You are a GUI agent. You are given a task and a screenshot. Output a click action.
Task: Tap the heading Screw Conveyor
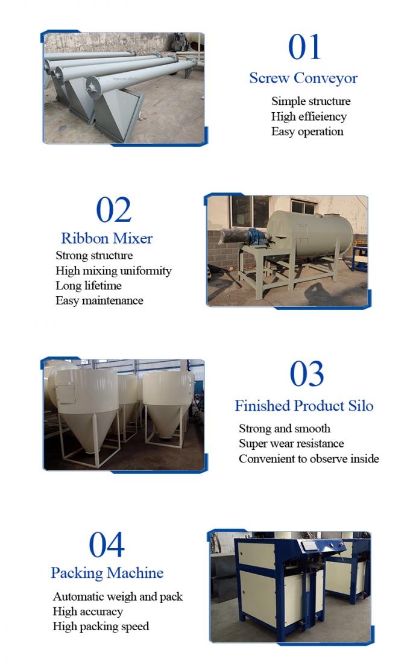[303, 78]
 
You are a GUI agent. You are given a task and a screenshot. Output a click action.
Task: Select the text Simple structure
[311, 101]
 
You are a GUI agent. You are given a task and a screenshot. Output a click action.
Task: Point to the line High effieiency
[309, 116]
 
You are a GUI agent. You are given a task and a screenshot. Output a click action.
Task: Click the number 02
[113, 210]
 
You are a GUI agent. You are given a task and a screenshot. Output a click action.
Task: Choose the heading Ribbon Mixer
[107, 238]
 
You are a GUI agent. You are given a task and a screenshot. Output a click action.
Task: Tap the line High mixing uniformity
[113, 271]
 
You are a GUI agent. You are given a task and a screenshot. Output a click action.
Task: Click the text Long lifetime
[89, 286]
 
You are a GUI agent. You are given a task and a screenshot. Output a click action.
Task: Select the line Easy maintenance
[99, 300]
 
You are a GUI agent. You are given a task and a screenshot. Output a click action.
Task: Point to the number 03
[306, 374]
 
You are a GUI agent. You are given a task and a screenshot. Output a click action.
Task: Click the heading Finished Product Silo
[304, 406]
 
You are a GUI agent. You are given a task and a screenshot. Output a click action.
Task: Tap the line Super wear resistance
[291, 444]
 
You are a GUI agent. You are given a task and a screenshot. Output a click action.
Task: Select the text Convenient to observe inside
[309, 459]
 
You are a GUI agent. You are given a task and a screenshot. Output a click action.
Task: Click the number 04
[106, 545]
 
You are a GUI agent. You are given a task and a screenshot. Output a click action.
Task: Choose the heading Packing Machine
[107, 573]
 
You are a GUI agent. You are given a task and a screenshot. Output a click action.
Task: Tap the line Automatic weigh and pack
[118, 597]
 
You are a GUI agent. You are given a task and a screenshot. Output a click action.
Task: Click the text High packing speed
[101, 627]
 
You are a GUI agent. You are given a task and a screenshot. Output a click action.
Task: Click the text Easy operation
[307, 131]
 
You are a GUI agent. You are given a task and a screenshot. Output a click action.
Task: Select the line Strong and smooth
[285, 429]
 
